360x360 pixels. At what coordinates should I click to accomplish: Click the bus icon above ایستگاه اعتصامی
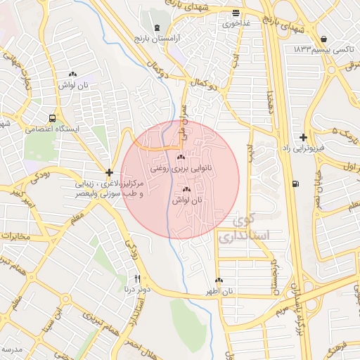coord(53,118)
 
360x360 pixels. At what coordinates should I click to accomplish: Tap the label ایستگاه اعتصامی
coord(53,129)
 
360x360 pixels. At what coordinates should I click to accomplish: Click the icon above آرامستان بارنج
coord(156,27)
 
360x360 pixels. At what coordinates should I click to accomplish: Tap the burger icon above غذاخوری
coord(236,13)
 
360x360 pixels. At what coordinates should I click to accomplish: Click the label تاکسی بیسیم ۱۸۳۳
coord(323,50)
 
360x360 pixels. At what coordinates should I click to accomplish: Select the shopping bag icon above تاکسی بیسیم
coord(323,39)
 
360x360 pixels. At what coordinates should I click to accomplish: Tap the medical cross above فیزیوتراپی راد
coord(303,137)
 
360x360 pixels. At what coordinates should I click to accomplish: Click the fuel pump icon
coord(293,184)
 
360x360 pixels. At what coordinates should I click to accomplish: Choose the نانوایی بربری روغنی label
coord(181,169)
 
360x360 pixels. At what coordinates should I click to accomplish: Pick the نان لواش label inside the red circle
coord(186,201)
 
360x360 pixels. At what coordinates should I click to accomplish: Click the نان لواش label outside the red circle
coord(72,84)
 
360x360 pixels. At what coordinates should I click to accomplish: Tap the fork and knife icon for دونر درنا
coord(137,278)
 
